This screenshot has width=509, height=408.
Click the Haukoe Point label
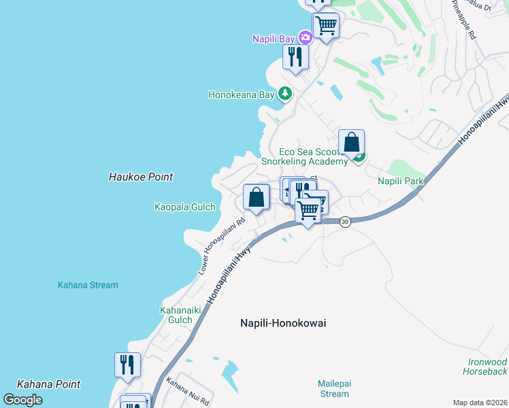coord(141,177)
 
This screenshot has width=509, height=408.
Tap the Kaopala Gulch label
coord(184,207)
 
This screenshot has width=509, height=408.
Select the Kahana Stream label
coord(88,286)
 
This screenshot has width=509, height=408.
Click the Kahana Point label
coord(48,384)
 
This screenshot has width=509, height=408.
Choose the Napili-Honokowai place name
coord(283,324)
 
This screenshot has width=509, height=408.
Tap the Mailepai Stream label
coord(333,389)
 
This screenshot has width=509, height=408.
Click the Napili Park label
coord(401,182)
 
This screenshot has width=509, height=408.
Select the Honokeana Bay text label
coord(241,95)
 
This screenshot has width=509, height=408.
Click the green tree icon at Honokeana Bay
coord(286,95)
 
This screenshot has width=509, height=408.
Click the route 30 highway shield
coord(345,222)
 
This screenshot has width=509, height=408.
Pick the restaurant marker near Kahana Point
coord(127,366)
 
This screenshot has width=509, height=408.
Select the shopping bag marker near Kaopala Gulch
coord(256,198)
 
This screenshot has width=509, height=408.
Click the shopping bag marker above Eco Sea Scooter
coord(351,143)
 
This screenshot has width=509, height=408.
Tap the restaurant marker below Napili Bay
coord(295,57)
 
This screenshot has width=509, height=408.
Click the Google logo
coord(22,400)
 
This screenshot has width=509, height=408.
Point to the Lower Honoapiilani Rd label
coord(222,246)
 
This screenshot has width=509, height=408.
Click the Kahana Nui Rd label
coord(184,391)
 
